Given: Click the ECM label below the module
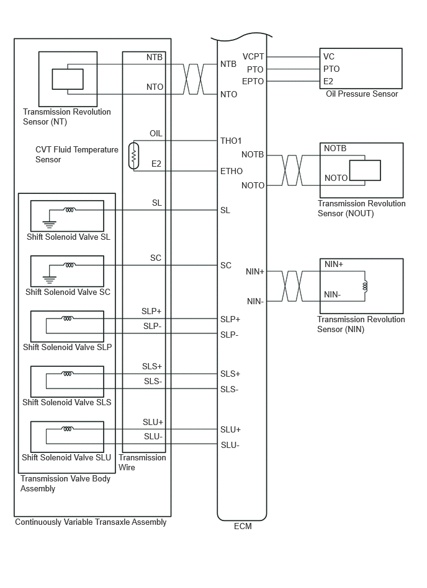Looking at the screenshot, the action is click(243, 526).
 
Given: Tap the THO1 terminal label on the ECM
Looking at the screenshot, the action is click(231, 141).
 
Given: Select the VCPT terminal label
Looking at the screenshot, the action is click(253, 56).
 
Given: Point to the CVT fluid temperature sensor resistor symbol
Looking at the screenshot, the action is click(133, 156).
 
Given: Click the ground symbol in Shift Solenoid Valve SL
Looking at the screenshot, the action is click(49, 224).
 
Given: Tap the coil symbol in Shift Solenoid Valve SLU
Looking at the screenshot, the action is click(68, 429).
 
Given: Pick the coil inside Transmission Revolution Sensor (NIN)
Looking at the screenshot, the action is click(365, 286).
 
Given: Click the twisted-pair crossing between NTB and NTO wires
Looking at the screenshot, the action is click(194, 79).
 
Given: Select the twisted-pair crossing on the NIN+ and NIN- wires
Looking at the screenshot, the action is click(292, 286).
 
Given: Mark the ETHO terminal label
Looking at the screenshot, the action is click(231, 171).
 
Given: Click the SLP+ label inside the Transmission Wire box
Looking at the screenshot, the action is click(151, 311).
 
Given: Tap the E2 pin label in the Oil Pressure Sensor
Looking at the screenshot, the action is click(328, 81).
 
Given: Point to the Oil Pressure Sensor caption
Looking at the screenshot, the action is click(362, 94).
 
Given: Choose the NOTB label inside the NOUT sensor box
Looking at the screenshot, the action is click(335, 149).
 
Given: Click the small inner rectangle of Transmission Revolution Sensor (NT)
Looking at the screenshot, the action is click(68, 79).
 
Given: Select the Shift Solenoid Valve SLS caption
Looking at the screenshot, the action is click(67, 402).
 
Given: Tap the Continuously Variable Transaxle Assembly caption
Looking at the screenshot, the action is click(91, 522).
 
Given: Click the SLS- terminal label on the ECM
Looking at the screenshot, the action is click(229, 390).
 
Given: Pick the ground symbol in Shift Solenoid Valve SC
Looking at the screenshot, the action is click(49, 279).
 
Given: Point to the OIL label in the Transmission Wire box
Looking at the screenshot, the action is click(156, 133).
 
